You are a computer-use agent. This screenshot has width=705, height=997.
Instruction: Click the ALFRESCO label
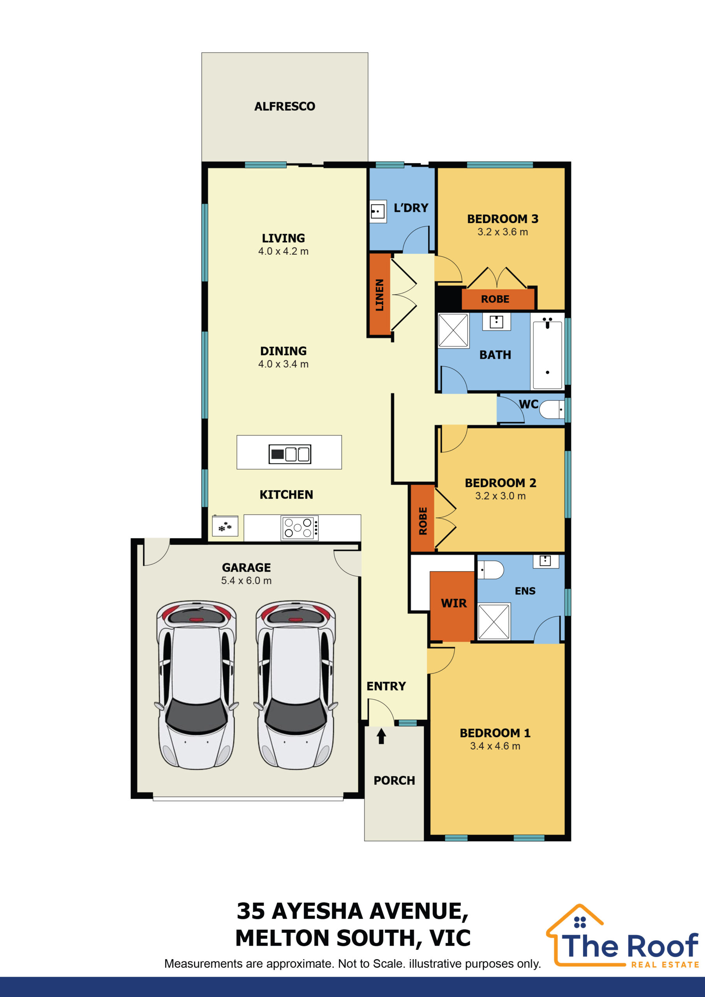click(284, 106)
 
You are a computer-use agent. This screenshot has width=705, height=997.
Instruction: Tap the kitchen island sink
click(290, 454)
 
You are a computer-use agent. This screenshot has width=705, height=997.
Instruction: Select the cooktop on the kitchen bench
click(300, 528)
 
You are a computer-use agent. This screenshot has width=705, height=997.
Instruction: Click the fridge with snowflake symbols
click(225, 526)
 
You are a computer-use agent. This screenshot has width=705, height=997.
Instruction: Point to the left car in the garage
click(196, 685)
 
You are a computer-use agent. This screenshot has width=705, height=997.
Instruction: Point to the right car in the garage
click(296, 685)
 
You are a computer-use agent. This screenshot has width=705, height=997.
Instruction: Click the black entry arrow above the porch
click(381, 736)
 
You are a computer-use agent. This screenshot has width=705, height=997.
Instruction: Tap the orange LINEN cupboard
click(380, 294)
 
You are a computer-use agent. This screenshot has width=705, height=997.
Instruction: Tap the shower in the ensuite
click(494, 622)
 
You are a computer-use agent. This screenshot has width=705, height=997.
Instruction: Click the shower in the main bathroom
click(453, 331)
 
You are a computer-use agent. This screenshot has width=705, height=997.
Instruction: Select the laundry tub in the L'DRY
click(377, 211)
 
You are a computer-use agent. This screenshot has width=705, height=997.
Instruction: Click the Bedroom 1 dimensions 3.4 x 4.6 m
click(495, 746)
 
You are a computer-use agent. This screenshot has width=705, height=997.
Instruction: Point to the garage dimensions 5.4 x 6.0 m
click(246, 581)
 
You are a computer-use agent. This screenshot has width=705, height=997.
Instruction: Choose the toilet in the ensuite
click(490, 570)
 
